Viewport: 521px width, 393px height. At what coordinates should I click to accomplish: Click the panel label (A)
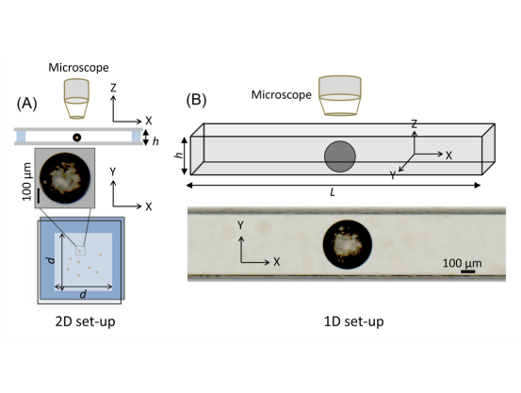27,104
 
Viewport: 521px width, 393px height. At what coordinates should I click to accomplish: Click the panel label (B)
196,99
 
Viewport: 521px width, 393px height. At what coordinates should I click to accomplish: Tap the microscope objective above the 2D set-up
76,99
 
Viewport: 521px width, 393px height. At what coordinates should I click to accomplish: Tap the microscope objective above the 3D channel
339,96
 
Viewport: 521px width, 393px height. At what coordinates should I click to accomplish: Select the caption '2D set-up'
85,321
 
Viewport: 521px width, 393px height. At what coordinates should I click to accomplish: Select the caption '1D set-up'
354,321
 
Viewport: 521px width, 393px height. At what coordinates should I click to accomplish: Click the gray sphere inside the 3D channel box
340,156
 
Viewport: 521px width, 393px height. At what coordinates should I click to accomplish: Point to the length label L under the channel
333,192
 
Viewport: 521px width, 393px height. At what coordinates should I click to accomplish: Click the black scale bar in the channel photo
467,271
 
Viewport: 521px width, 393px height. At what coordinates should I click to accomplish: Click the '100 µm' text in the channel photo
462,263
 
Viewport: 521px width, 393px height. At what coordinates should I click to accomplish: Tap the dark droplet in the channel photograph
348,244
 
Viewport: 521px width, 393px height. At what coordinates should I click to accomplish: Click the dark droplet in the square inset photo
65,178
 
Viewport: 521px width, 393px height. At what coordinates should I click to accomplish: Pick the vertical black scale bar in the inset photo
39,195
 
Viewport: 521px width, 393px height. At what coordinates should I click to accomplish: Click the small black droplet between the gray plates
76,138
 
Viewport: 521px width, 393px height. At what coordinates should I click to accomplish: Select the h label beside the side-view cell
155,141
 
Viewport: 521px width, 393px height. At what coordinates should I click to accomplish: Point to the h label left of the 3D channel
179,155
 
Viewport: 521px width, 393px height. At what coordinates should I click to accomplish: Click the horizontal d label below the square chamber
83,294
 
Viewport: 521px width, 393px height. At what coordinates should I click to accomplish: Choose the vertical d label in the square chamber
51,260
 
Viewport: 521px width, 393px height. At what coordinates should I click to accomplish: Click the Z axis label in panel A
113,88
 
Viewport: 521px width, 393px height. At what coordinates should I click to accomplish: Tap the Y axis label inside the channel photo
241,225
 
